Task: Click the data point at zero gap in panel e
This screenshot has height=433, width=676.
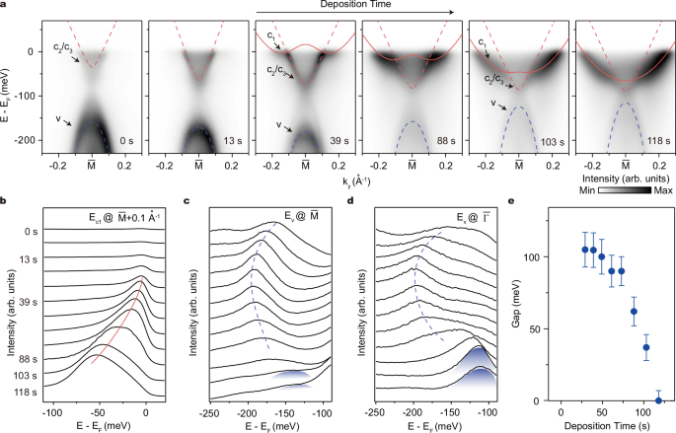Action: coord(658,399)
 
